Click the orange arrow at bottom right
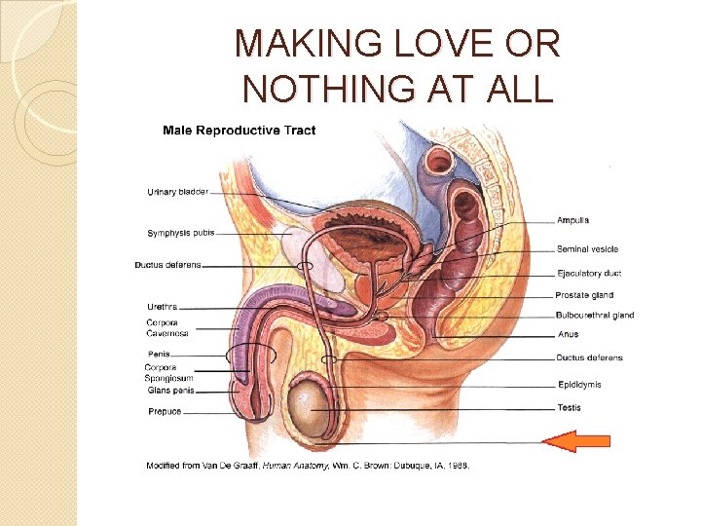(x=575, y=441)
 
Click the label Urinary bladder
(x=177, y=192)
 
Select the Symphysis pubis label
(x=181, y=233)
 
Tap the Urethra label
(x=162, y=307)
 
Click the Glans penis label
(x=170, y=391)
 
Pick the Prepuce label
(x=165, y=412)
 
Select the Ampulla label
(x=573, y=220)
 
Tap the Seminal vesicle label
(x=587, y=250)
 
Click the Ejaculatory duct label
(x=588, y=274)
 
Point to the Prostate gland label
(x=584, y=295)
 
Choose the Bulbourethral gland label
(x=595, y=315)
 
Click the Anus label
(x=569, y=334)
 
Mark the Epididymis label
(x=579, y=384)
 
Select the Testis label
(x=570, y=407)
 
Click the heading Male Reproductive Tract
(x=239, y=130)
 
